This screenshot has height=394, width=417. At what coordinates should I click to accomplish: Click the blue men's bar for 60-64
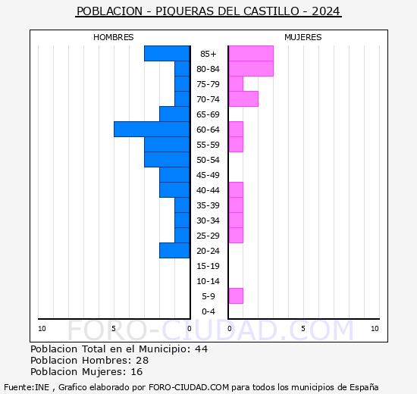coord(152,129)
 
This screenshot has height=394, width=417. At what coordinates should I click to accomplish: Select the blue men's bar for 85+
coord(167,53)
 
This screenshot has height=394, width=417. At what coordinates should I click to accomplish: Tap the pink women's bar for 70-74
coord(243,98)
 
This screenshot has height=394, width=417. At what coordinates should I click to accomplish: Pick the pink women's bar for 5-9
coord(236,295)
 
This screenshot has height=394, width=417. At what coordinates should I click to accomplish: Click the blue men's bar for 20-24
coord(174,250)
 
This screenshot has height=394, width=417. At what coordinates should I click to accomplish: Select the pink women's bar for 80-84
coord(251,68)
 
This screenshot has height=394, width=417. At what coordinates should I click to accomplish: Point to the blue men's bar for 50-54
coord(167,159)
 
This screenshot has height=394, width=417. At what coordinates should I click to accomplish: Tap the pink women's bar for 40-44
coord(236,189)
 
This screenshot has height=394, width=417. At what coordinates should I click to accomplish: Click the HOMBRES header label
coord(114,37)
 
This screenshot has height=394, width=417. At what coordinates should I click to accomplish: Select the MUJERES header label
coord(303,37)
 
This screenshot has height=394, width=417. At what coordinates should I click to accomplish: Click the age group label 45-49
coord(208,175)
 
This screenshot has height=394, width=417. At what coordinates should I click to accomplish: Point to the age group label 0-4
coord(208,311)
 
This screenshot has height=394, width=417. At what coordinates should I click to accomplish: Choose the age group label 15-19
coord(208,266)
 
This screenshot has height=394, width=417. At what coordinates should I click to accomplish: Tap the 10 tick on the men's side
coord(42,328)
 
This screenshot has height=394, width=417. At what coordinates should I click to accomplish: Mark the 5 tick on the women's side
coord(303,328)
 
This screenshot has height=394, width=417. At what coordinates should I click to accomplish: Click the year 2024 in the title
coord(326,11)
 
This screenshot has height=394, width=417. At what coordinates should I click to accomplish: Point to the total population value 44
coord(201,349)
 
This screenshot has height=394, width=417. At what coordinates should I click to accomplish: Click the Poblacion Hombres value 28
coord(142,361)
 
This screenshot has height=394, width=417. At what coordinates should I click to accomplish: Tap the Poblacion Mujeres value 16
coord(136,372)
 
